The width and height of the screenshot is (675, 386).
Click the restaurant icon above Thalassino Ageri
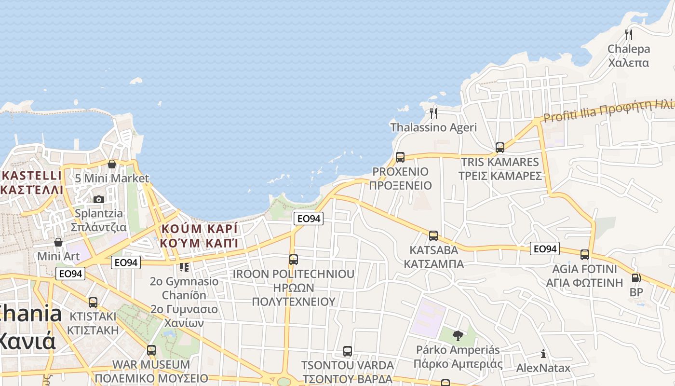click(x=433, y=113)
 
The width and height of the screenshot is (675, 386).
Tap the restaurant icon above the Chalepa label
click(x=628, y=34)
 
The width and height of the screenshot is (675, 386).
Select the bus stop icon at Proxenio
click(x=400, y=157)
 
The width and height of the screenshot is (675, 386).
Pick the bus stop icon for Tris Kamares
click(x=500, y=147)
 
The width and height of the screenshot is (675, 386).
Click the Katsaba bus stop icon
click(x=433, y=235)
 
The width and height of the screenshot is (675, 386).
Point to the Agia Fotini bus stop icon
click(x=585, y=254)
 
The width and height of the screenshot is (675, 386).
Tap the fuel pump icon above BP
click(x=636, y=278)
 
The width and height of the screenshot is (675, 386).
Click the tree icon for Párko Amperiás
click(x=458, y=335)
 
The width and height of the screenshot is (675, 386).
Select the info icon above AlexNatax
click(x=543, y=354)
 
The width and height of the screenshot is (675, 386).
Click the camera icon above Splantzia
click(x=99, y=199)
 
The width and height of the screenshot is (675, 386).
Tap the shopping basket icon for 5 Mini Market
click(x=112, y=164)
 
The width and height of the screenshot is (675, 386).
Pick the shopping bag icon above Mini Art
click(x=58, y=242)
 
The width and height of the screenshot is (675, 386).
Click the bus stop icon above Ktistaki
click(x=93, y=303)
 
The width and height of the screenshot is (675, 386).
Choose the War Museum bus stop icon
click(x=151, y=350)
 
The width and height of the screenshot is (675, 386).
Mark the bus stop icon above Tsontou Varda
click(x=348, y=351)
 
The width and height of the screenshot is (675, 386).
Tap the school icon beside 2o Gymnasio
click(x=184, y=266)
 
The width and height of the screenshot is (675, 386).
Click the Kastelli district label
click(x=32, y=182)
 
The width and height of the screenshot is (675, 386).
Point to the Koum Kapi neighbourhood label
click(x=200, y=235)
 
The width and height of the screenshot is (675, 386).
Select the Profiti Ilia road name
click(x=607, y=112)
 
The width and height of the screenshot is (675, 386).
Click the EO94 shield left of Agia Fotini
click(x=545, y=248)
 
